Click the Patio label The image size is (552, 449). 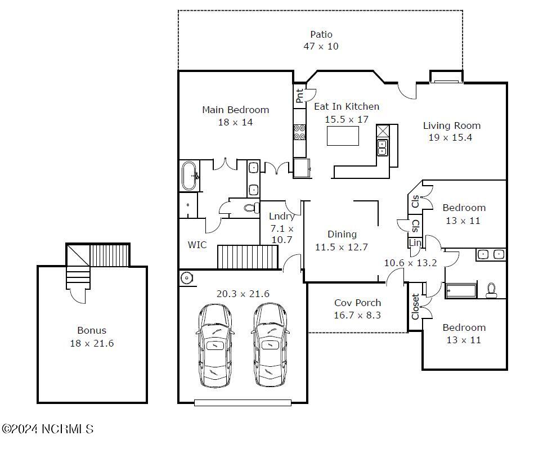pyautogui.click(x=321, y=34)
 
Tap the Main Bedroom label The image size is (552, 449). pyautogui.click(x=236, y=110)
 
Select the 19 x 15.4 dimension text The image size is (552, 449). pyautogui.click(x=450, y=138)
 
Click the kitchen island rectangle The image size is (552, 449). pyautogui.click(x=343, y=136)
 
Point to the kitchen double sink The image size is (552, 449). pyautogui.click(x=383, y=147)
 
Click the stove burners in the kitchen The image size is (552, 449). pyautogui.click(x=299, y=132)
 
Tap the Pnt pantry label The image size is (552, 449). pyautogui.click(x=299, y=96)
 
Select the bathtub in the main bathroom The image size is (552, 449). pyautogui.click(x=190, y=176)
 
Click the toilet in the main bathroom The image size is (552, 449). pyautogui.click(x=250, y=208)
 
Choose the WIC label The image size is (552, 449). pyautogui.click(x=197, y=245)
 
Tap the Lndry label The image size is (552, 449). pyautogui.click(x=282, y=216)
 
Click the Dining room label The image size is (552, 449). pyautogui.click(x=342, y=235)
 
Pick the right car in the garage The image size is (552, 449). pyautogui.click(x=271, y=345)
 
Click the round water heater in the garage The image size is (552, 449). pyautogui.click(x=186, y=278)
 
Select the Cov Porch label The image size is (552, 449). pyautogui.click(x=358, y=303)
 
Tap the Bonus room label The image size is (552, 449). pyautogui.click(x=92, y=331)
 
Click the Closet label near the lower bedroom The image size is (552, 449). pyautogui.click(x=415, y=307)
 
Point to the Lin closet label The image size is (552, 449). pyautogui.click(x=415, y=243)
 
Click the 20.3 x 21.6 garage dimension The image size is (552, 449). pyautogui.click(x=243, y=294)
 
